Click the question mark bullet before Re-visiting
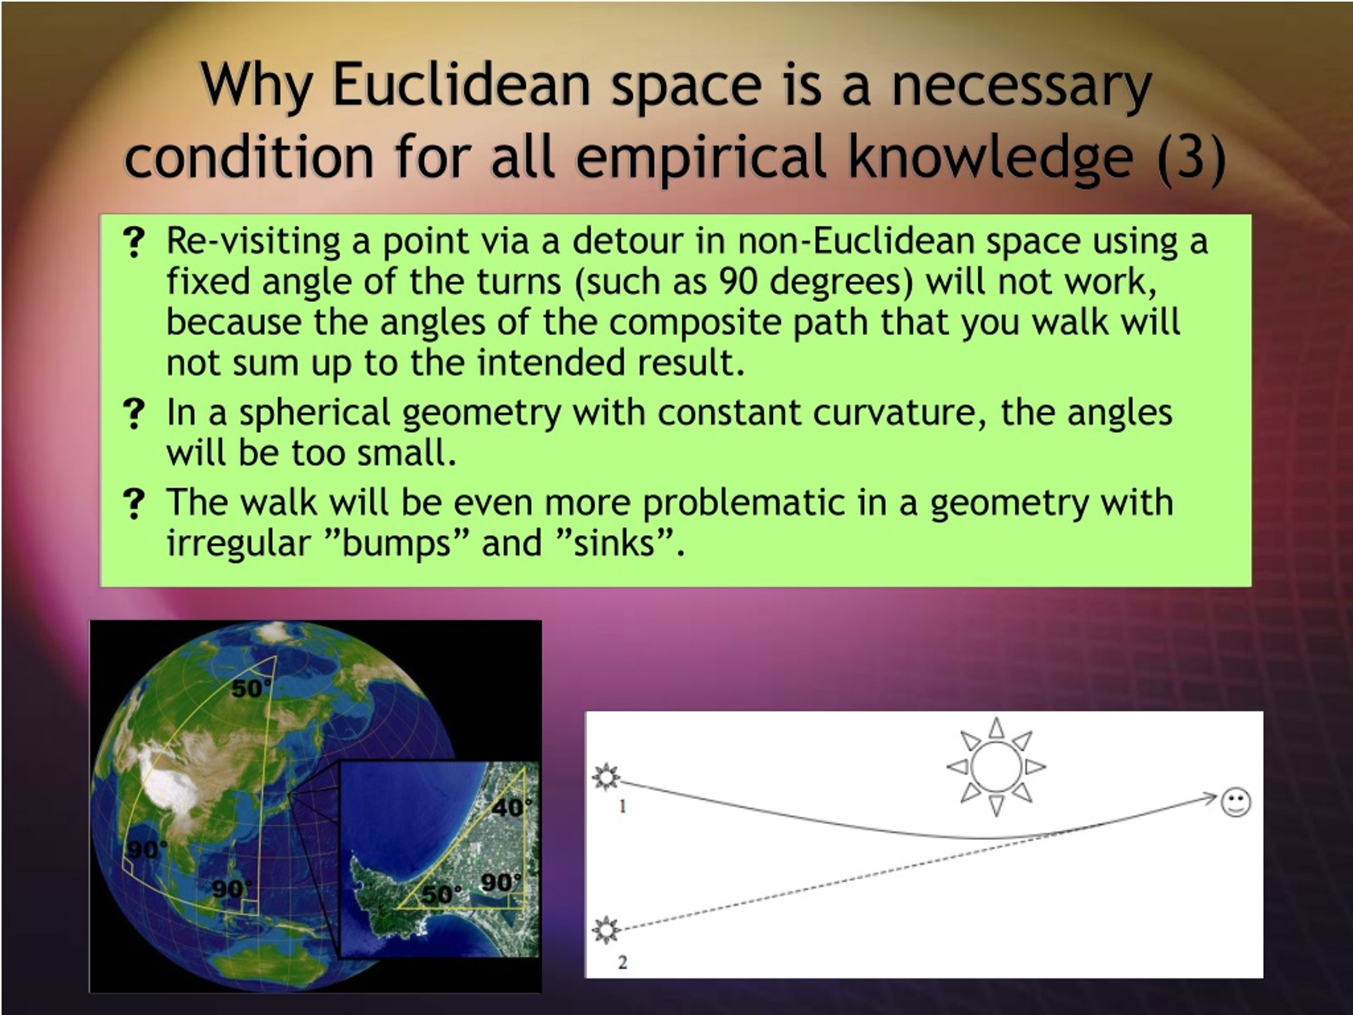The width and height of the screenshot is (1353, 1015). pyautogui.click(x=134, y=243)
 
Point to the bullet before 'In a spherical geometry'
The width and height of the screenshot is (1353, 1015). pyautogui.click(x=134, y=413)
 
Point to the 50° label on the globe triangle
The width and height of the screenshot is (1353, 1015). pyautogui.click(x=251, y=689)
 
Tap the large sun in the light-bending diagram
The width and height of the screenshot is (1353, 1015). pyautogui.click(x=996, y=767)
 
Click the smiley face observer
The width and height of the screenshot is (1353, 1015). pyautogui.click(x=1236, y=802)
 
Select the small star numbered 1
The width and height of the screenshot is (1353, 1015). pyautogui.click(x=606, y=777)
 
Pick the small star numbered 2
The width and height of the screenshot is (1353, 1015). pyautogui.click(x=606, y=930)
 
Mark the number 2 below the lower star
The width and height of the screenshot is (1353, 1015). pyautogui.click(x=623, y=962)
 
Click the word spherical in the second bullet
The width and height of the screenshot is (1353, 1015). pyautogui.click(x=314, y=413)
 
